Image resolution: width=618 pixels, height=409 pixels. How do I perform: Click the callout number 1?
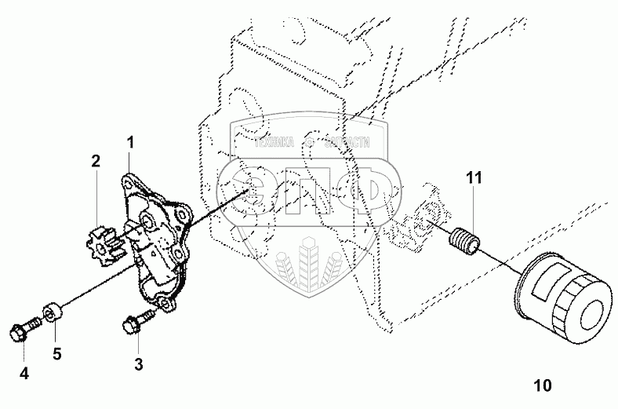pyautogui.click(x=130, y=143)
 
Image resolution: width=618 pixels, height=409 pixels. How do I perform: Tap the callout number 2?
pyautogui.click(x=95, y=162)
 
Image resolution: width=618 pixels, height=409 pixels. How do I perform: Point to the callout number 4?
pyautogui.click(x=24, y=374)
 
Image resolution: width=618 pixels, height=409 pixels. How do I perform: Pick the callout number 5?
pyautogui.click(x=56, y=353)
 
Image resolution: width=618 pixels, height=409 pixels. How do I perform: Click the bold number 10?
pyautogui.click(x=542, y=385)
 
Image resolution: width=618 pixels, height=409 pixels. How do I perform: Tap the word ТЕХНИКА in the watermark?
pyautogui.click(x=274, y=144)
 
